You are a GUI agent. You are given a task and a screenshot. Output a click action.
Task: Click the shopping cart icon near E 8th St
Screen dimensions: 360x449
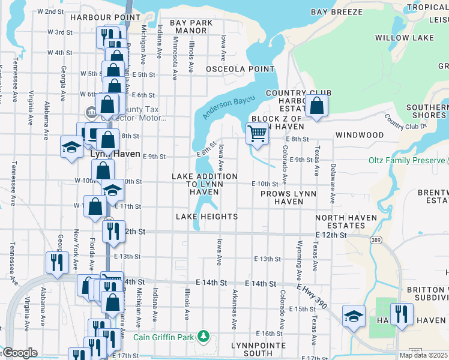pos(257,133)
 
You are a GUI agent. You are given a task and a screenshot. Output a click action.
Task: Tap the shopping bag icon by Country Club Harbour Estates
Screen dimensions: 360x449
pos(316,106)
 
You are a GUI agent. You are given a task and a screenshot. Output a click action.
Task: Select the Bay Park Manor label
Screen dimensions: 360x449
pos(191,26)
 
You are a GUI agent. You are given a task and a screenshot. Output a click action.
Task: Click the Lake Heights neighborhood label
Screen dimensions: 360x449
pos(206,217)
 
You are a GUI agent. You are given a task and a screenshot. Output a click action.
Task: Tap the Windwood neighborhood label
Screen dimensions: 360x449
pos(359,135)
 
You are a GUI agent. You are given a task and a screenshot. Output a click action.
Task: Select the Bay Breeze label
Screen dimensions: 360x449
pos(337,12)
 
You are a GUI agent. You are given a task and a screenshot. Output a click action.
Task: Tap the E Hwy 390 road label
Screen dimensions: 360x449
pos(311,296)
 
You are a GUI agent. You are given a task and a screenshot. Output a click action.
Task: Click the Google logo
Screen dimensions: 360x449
pos(20,353)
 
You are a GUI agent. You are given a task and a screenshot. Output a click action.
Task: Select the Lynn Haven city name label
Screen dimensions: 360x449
pos(115,154)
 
